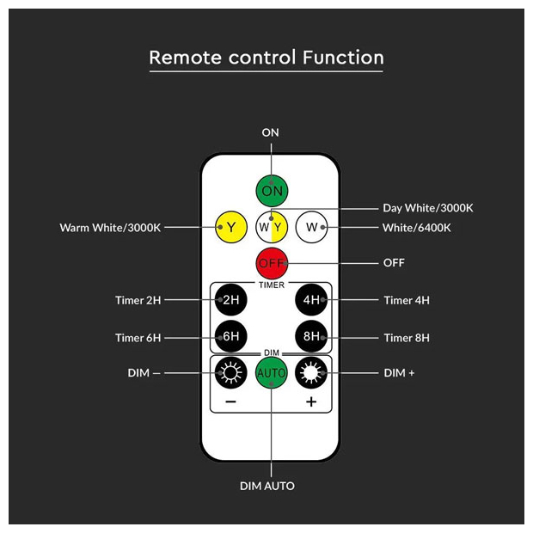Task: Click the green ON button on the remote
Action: point(272,191)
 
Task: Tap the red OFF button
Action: point(272,263)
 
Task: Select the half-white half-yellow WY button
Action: point(272,227)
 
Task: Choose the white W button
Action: point(311,227)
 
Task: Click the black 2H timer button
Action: point(231,300)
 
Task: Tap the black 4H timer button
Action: point(311,300)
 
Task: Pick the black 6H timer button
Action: point(231,336)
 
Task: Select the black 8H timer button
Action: point(311,336)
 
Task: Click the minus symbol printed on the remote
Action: point(230,402)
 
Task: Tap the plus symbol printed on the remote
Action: point(311,401)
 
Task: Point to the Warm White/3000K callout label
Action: point(110,228)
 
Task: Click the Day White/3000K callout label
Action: point(428,208)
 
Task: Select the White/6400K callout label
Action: point(417,228)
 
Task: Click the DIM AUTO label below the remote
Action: point(267,486)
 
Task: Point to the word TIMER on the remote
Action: point(272,285)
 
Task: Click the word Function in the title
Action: point(343,58)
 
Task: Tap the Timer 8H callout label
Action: point(407,338)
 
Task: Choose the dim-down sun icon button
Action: point(231,373)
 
